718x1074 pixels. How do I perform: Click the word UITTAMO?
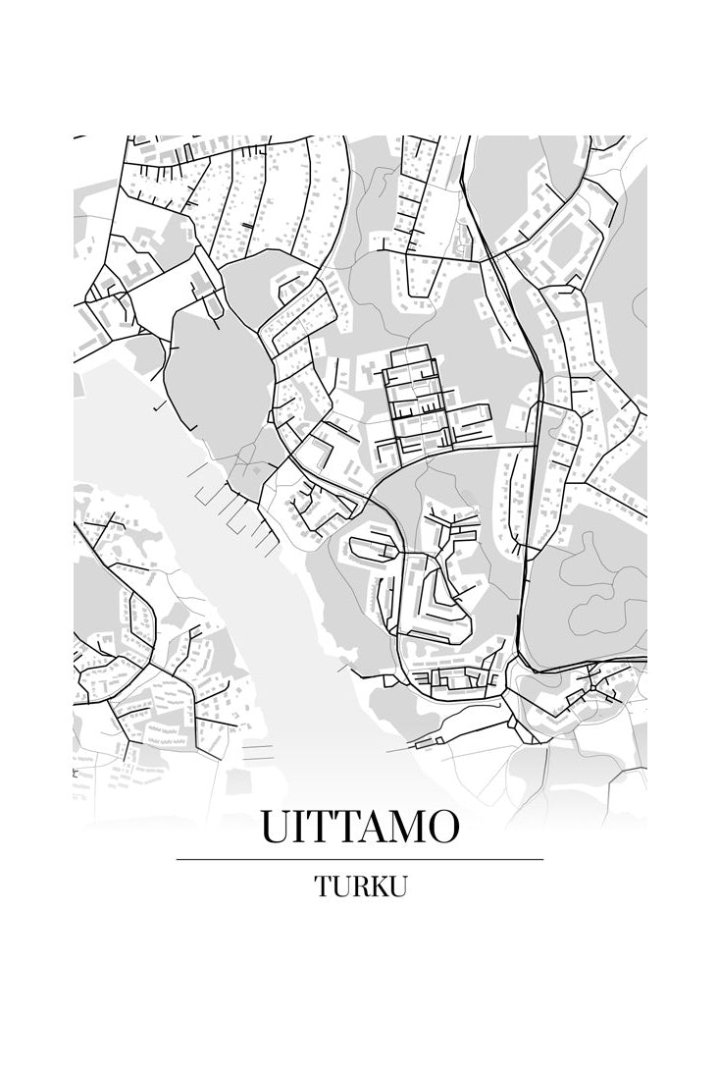tap(359, 827)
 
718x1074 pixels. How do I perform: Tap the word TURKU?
tap(360, 886)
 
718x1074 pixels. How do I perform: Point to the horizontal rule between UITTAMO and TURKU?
tap(359, 859)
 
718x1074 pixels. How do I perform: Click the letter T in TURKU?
tap(322, 886)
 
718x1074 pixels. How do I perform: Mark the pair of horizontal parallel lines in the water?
tap(257, 751)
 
